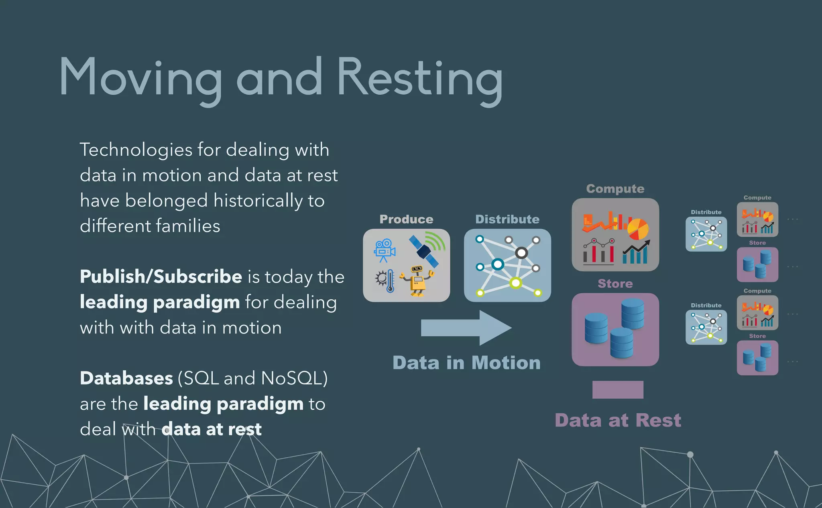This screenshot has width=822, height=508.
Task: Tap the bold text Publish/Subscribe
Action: tap(161, 276)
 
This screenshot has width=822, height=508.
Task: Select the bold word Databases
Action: tap(126, 378)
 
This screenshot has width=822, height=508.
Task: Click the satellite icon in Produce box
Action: tap(425, 249)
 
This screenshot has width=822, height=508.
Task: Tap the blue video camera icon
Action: tap(384, 250)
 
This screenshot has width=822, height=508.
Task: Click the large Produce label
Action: tap(406, 219)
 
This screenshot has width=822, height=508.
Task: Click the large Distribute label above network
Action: tap(507, 219)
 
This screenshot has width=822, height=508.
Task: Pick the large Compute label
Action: tap(615, 189)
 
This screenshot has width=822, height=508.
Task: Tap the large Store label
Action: tap(615, 284)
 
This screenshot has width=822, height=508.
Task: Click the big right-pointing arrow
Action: tap(466, 327)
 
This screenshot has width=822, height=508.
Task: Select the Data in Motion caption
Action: tap(466, 363)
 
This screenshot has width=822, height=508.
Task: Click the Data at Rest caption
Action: tap(618, 420)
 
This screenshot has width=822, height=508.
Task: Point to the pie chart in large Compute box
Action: tap(638, 229)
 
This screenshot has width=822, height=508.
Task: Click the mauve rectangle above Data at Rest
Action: tap(618, 390)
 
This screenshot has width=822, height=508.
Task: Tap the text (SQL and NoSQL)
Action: tap(252, 378)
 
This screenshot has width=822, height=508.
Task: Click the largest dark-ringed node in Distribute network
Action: tap(521, 253)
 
